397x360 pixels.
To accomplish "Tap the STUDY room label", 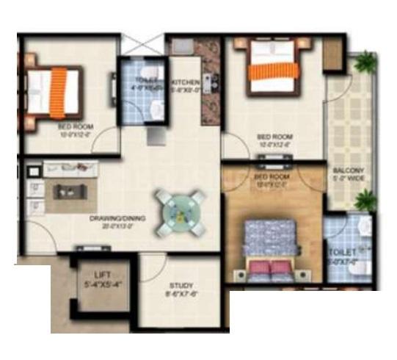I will tap(181, 286).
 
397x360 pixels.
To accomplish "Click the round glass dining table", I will tap(178, 209).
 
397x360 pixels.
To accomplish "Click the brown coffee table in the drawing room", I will tap(70, 192).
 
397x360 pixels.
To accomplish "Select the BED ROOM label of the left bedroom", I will tap(73, 126).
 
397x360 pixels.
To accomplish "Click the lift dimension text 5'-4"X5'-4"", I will tap(97, 283).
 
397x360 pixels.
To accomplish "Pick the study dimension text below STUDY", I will tap(181, 295).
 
